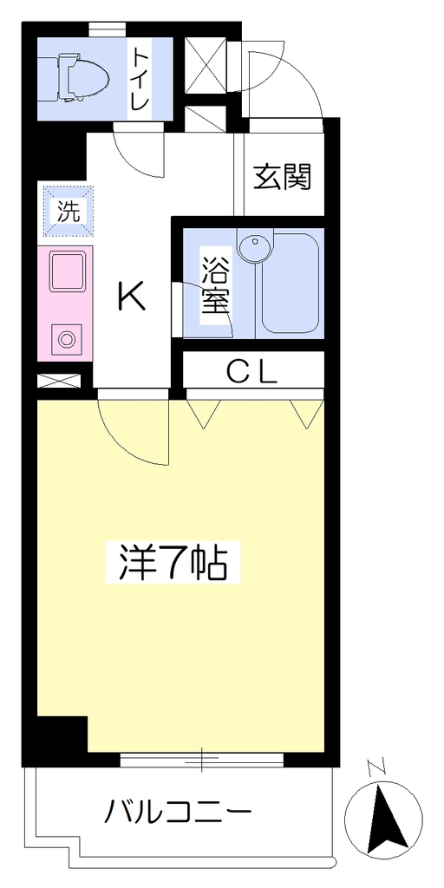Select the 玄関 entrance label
(x=283, y=176)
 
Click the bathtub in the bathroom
(x=290, y=284)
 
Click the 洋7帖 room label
(x=173, y=562)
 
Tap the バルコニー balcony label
(x=177, y=813)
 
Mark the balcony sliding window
(x=201, y=761)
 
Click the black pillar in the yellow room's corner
(x=62, y=734)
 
